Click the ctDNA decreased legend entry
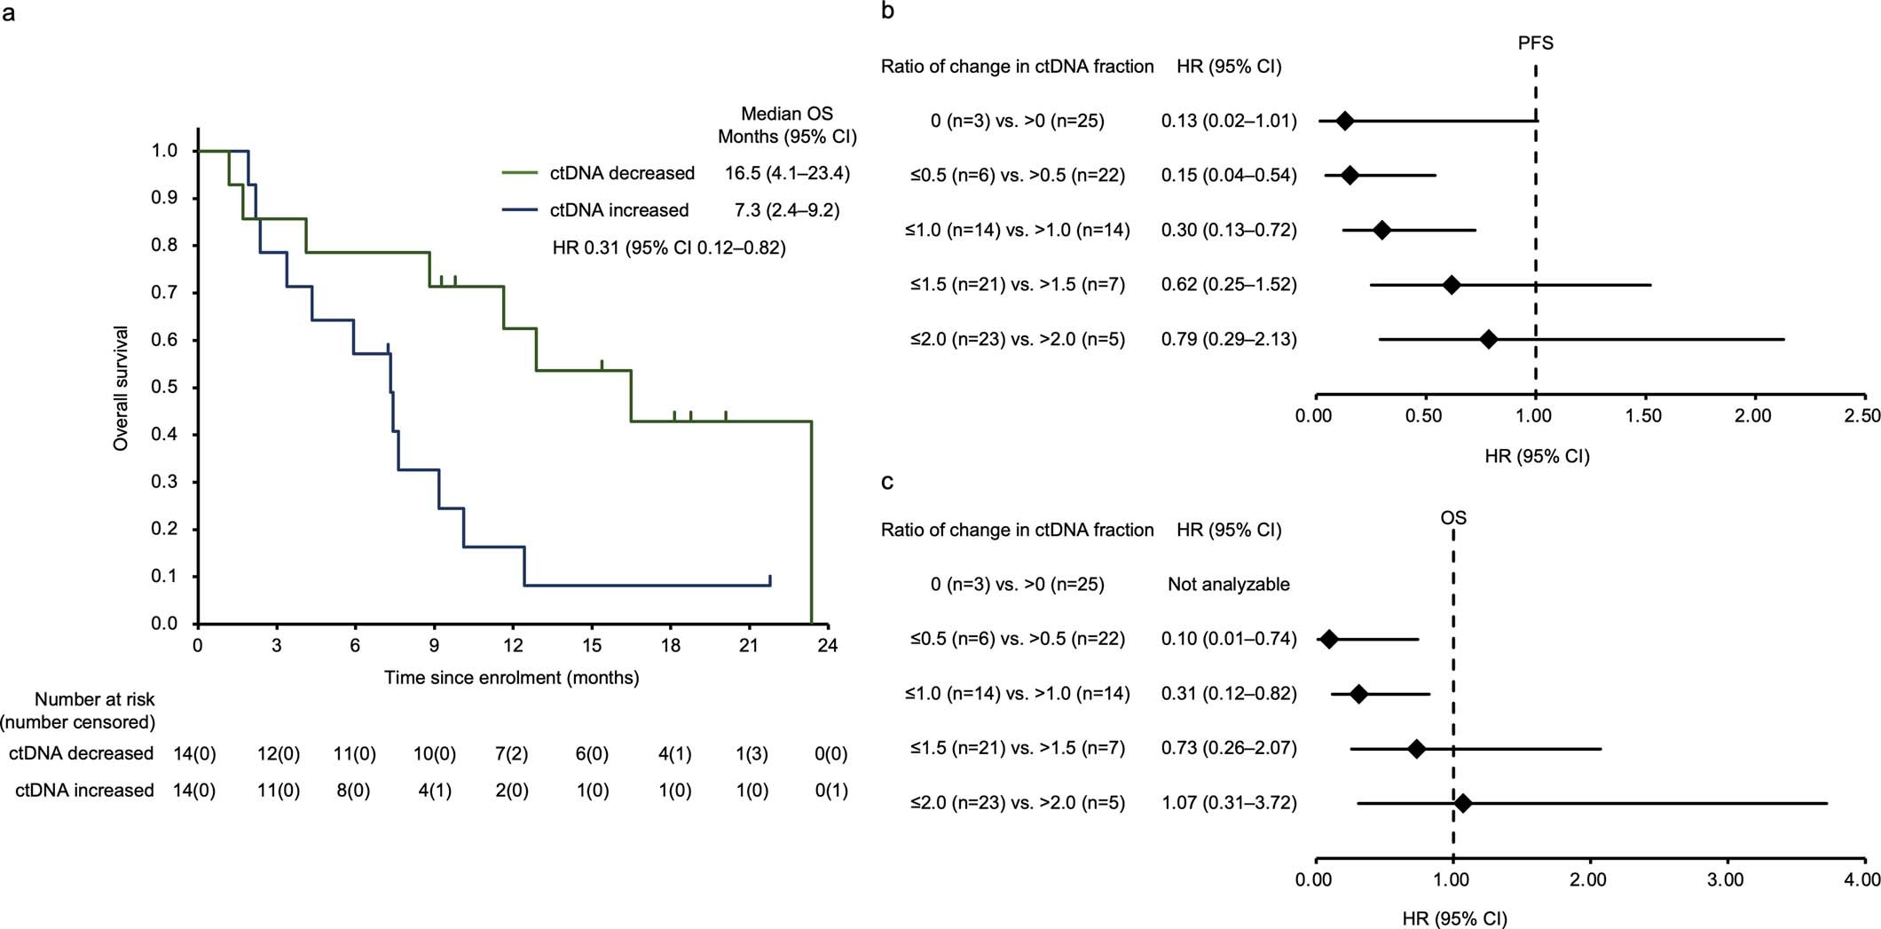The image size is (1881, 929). click(x=621, y=173)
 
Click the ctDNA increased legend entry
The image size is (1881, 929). click(x=618, y=210)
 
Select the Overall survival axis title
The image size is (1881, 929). click(x=122, y=388)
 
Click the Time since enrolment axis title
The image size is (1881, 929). click(x=511, y=678)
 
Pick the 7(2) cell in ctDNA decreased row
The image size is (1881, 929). click(x=512, y=753)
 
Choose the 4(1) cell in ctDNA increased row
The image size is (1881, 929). click(x=434, y=791)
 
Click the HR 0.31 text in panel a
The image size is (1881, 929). click(x=669, y=248)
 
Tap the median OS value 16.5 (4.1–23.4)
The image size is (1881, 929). click(x=787, y=173)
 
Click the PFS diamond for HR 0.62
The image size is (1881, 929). click(x=1452, y=285)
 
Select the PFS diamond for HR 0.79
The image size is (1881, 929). click(x=1489, y=339)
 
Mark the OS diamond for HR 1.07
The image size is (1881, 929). click(x=1462, y=803)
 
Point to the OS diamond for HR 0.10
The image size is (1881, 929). click(x=1328, y=639)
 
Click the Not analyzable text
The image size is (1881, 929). click(x=1228, y=584)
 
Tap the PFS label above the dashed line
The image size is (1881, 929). click(x=1535, y=43)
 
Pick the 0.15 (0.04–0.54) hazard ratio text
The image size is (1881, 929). click(x=1228, y=176)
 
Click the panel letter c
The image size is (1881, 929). click(x=887, y=482)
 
